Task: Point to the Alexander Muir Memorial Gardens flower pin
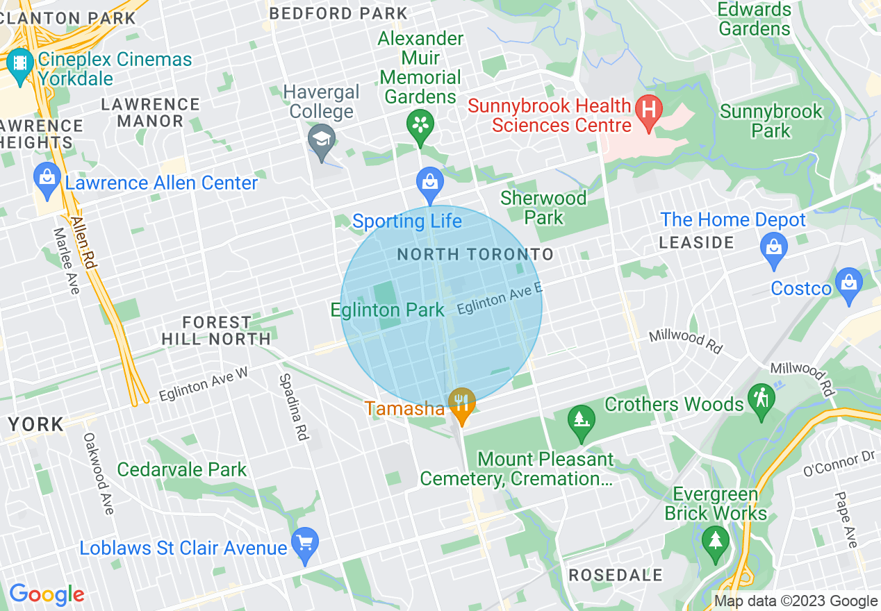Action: coord(420,125)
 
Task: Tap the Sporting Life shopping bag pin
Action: coord(430,182)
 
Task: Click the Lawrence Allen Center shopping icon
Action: coord(47,178)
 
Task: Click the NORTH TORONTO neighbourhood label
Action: coord(475,255)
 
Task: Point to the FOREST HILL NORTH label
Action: coord(216,330)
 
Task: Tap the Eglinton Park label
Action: coord(387,310)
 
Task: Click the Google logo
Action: coord(47,594)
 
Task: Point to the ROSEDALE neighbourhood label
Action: coord(616,575)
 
